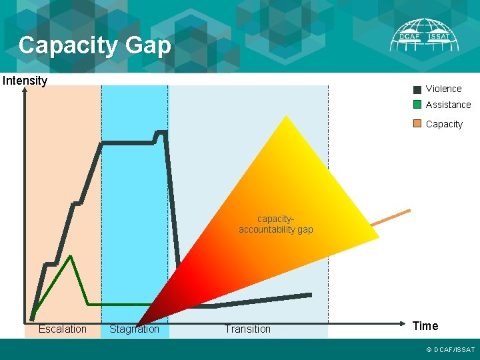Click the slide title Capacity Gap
click(95, 45)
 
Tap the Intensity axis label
click(25, 81)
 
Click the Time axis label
click(425, 326)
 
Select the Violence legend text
click(443, 89)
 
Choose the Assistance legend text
click(448, 105)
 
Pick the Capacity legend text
click(444, 124)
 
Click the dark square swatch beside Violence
click(417, 89)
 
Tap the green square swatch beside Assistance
click(417, 105)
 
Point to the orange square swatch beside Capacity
click(417, 123)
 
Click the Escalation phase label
click(63, 329)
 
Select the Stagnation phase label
click(134, 329)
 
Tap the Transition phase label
click(247, 329)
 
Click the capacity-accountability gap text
click(276, 224)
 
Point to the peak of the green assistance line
click(70, 256)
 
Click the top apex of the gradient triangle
click(286, 117)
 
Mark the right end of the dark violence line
click(310, 295)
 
